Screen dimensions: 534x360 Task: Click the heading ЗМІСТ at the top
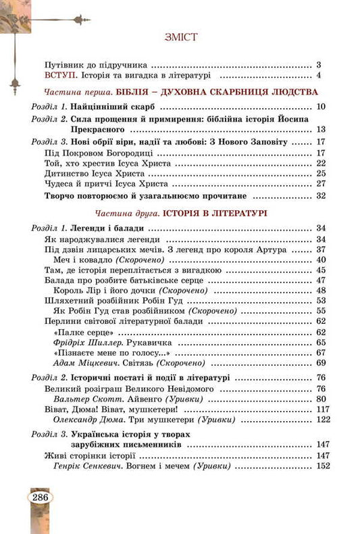[x=180, y=37]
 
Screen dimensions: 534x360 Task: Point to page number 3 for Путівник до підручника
[x=317, y=65]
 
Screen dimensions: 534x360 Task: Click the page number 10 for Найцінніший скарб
[x=321, y=107]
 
